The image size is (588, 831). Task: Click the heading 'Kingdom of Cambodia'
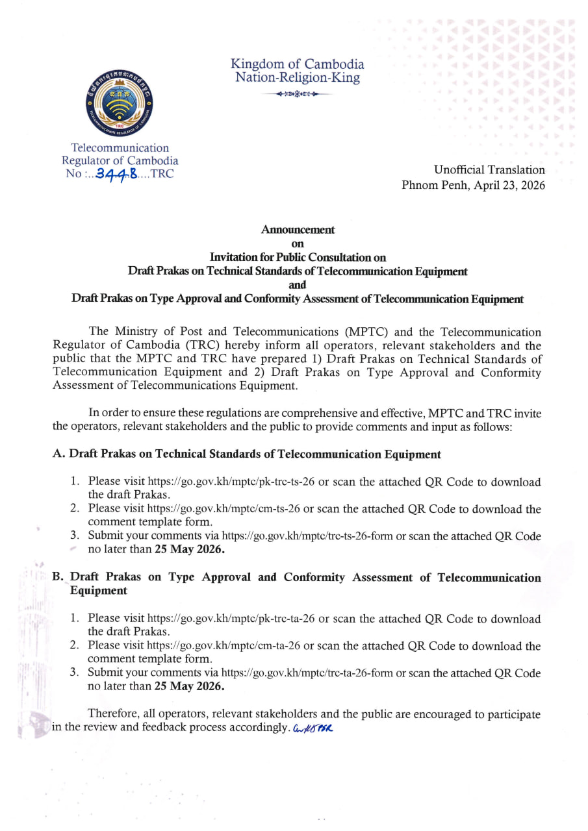pos(297,64)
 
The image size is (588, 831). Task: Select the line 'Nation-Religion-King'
pos(297,79)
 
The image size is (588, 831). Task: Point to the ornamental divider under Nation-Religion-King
pos(297,94)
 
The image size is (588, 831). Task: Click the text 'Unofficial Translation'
pos(489,170)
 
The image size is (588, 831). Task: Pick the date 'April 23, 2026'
pos(507,185)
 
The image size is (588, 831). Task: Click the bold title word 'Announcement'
pos(298,229)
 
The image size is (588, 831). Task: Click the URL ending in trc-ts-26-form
pos(308,537)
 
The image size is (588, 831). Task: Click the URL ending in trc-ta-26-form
pos(307,674)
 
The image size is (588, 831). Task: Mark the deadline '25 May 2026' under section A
pos(190,549)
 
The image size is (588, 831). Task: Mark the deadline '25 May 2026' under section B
pos(190,686)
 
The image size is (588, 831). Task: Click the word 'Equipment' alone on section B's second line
pos(98,591)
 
